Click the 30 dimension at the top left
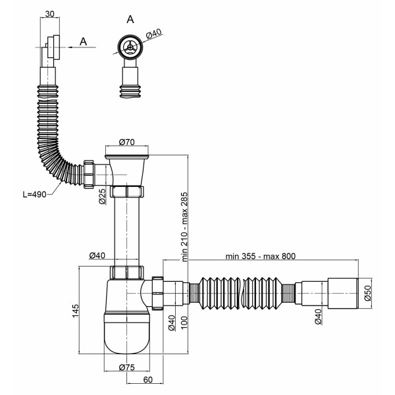click(49, 14)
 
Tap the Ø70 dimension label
click(126, 142)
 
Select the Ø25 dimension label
click(103, 196)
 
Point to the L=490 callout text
click(35, 194)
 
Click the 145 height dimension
click(76, 311)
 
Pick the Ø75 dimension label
click(126, 367)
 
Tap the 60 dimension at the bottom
click(148, 380)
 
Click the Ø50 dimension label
click(368, 293)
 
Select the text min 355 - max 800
click(261, 256)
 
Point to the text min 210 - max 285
click(184, 226)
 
